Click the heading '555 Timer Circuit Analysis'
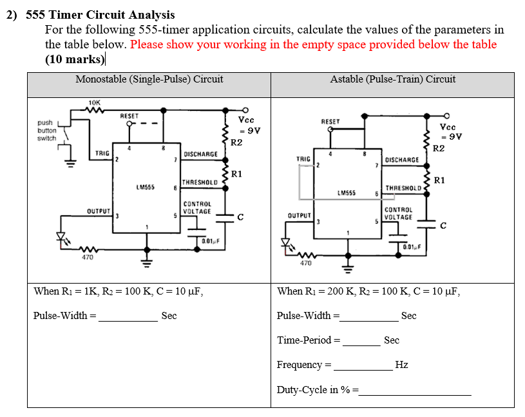click(x=100, y=14)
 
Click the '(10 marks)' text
click(x=75, y=59)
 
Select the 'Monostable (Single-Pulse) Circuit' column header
click(x=149, y=79)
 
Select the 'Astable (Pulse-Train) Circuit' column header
click(x=392, y=79)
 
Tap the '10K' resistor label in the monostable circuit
click(x=94, y=102)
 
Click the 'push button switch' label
click(x=46, y=130)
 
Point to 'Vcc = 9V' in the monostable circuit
click(x=248, y=125)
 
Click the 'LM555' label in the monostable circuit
click(x=144, y=187)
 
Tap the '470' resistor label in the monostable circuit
click(x=87, y=258)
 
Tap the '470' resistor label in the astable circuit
click(x=306, y=263)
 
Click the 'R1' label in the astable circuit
click(x=440, y=180)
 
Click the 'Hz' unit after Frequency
click(x=401, y=365)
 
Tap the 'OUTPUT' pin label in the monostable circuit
click(x=100, y=211)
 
